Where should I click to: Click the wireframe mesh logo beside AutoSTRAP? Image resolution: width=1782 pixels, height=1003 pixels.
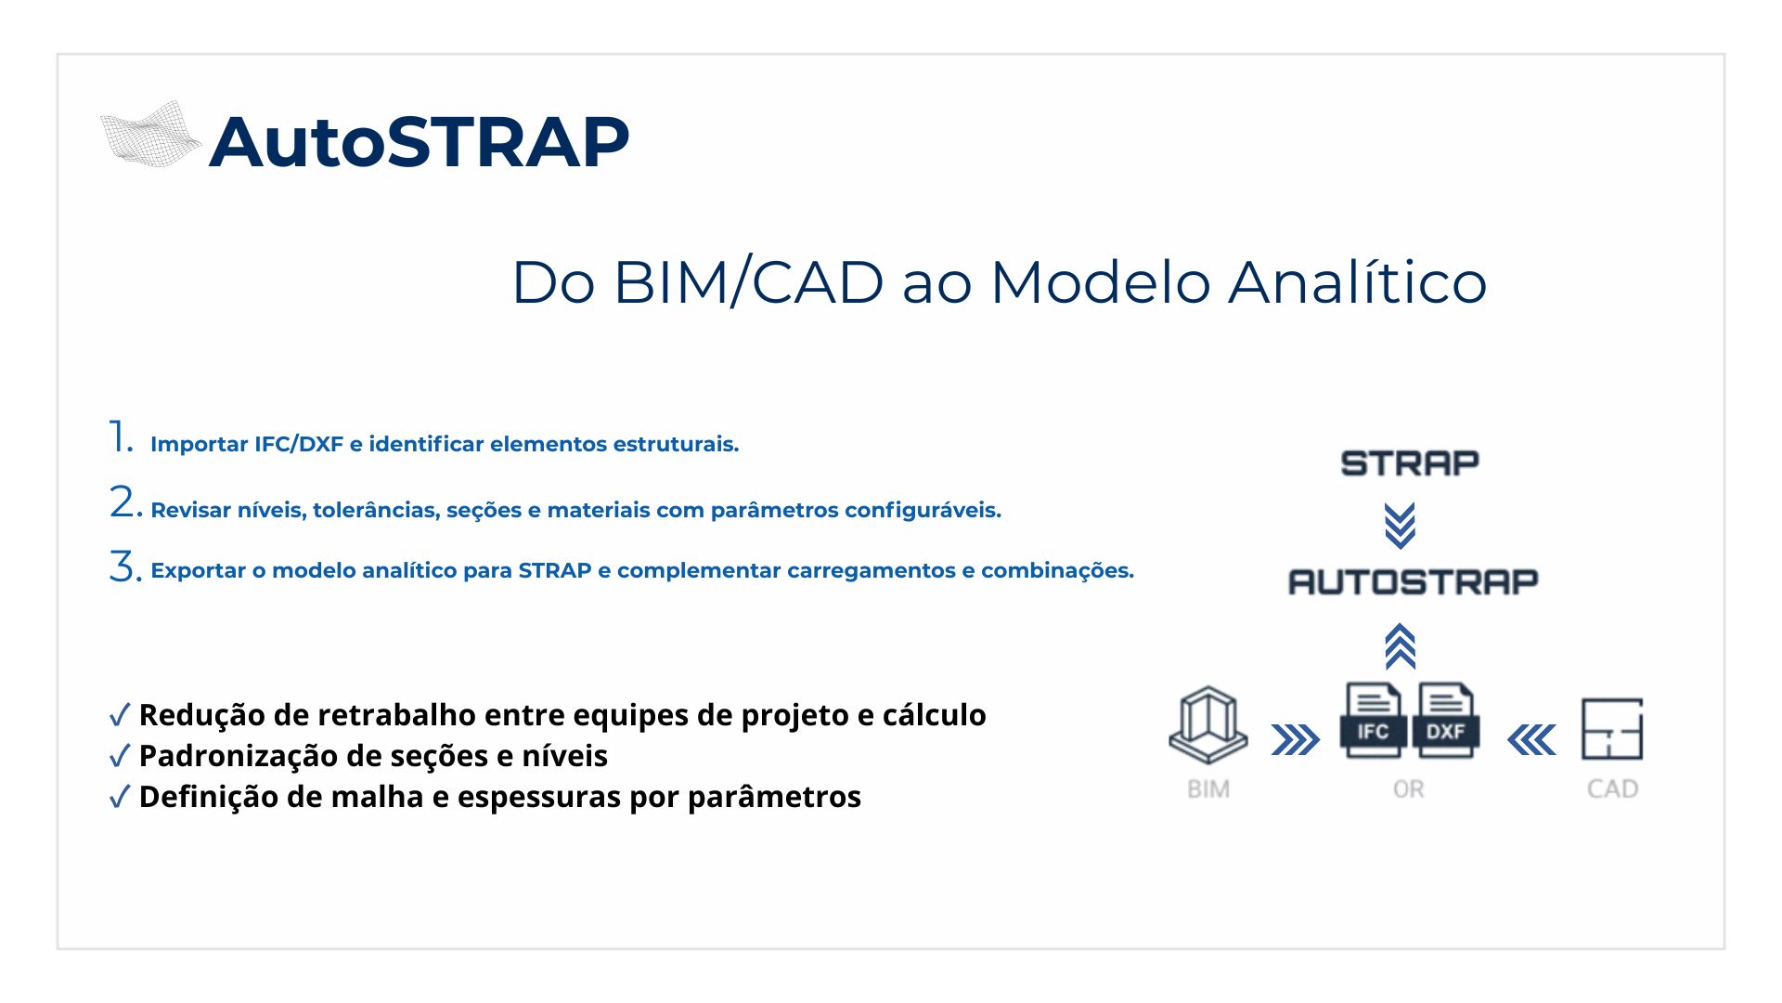tap(151, 135)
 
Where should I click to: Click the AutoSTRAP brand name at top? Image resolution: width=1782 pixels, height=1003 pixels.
tap(420, 142)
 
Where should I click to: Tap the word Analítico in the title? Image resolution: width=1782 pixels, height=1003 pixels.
tap(1358, 281)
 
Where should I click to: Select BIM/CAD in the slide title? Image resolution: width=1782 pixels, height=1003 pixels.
tap(748, 281)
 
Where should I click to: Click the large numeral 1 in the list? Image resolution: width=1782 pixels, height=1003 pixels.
tap(121, 436)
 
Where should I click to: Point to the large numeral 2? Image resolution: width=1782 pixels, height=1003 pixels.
tap(125, 502)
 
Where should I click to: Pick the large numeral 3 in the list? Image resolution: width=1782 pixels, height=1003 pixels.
tap(125, 566)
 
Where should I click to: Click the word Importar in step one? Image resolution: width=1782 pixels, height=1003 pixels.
tap(200, 445)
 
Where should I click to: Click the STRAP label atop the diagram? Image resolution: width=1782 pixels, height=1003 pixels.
tap(1410, 462)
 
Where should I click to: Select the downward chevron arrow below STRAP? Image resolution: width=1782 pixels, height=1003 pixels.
tap(1400, 526)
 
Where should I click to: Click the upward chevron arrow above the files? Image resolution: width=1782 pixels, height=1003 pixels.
tap(1400, 646)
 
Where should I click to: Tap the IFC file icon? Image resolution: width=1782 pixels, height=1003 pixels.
tap(1372, 721)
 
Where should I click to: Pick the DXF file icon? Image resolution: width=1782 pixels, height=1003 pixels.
tap(1445, 721)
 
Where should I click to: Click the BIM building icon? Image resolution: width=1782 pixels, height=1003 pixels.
tap(1207, 724)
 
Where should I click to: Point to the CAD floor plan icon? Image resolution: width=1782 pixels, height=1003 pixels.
tap(1612, 729)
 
